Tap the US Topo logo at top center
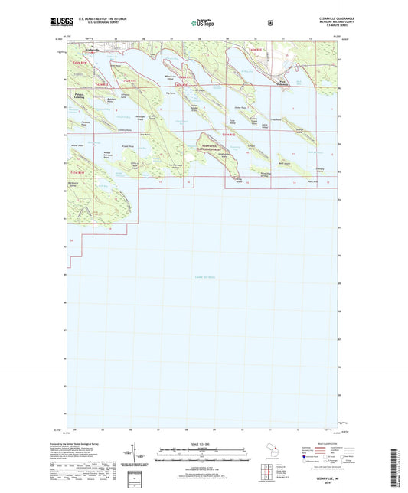tap(200, 24)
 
